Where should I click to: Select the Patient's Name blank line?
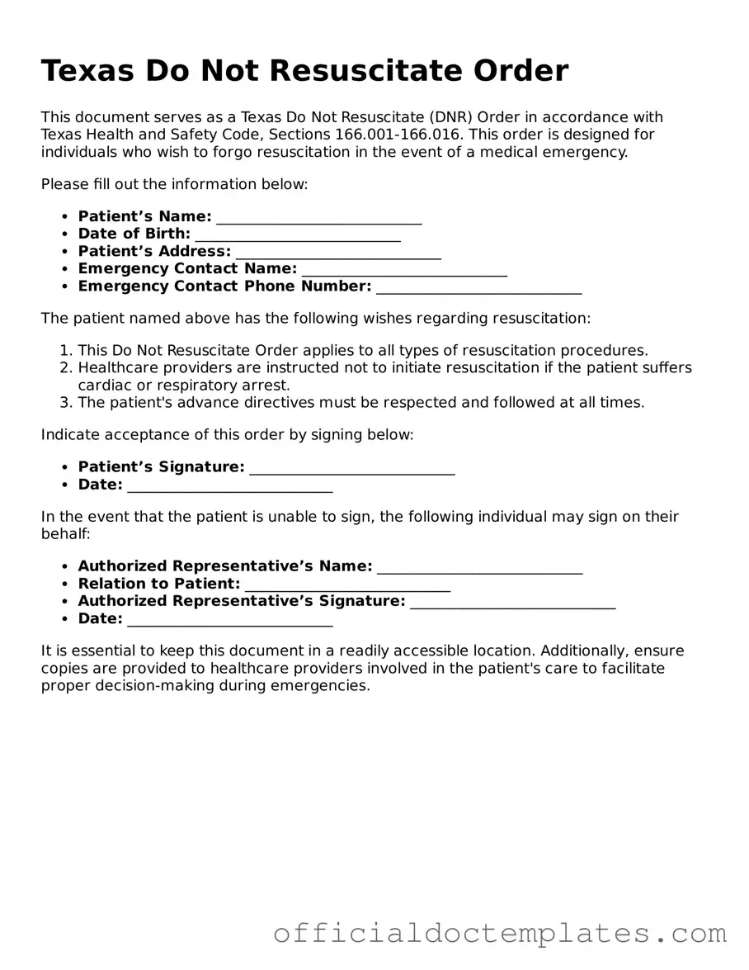tap(318, 217)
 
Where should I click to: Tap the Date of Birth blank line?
tap(298, 234)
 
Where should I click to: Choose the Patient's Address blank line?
tap(338, 252)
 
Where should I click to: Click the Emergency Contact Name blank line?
tap(404, 269)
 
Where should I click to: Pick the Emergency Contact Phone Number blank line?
tap(478, 286)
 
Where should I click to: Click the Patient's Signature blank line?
tap(351, 468)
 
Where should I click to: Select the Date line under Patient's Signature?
tap(230, 485)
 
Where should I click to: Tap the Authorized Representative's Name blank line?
tap(479, 567)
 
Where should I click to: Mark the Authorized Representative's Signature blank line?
tap(512, 602)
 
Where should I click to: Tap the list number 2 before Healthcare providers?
tap(66, 368)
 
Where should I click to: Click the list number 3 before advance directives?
tap(66, 403)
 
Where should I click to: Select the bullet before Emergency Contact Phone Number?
tap(65, 286)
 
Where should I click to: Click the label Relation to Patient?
tap(158, 584)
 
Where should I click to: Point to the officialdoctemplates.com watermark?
tap(500, 934)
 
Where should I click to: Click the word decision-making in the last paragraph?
tap(153, 686)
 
